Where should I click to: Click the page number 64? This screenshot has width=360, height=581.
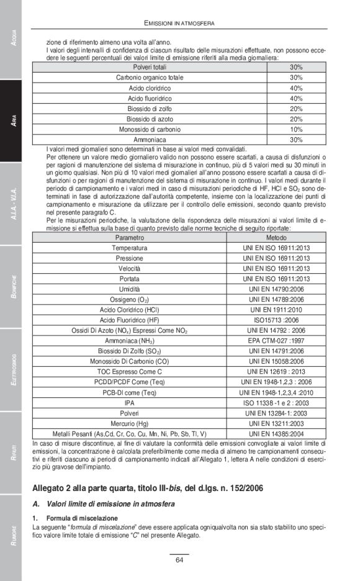[x=179, y=561]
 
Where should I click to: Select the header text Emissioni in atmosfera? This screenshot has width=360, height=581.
[x=179, y=23]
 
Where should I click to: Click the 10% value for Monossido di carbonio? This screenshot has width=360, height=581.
[x=296, y=130]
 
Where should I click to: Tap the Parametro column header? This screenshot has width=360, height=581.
[x=129, y=238]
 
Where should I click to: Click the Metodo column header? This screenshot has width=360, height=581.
[x=276, y=238]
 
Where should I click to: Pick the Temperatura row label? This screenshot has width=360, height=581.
[x=129, y=248]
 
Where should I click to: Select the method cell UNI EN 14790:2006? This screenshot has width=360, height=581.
[x=276, y=289]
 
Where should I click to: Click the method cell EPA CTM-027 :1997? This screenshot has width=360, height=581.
[x=276, y=341]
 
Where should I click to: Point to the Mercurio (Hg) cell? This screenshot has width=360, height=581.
[x=129, y=423]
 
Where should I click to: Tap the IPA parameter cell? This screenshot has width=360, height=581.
[x=129, y=403]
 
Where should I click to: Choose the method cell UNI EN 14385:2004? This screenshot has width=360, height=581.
[x=276, y=434]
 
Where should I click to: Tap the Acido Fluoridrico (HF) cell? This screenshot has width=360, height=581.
[x=129, y=320]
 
